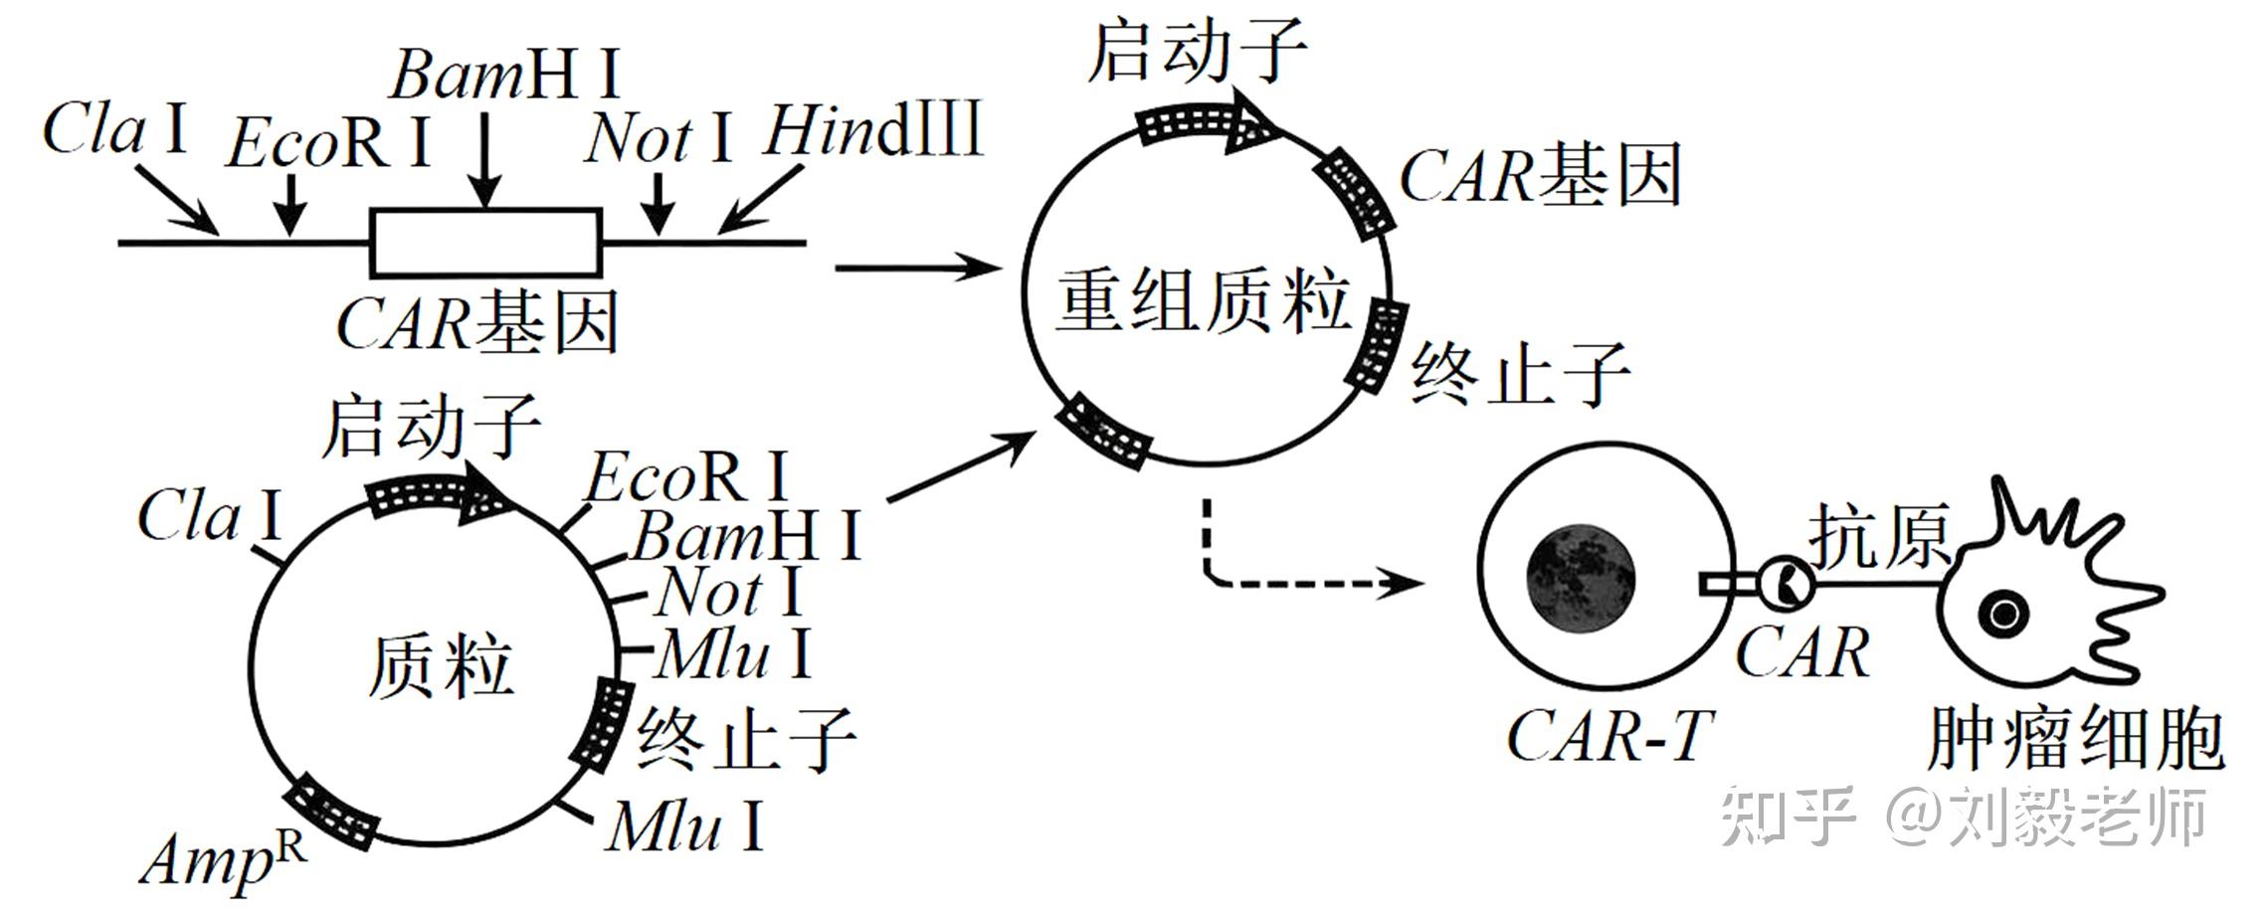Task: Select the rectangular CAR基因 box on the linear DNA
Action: point(486,242)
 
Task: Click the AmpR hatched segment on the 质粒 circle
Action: point(331,815)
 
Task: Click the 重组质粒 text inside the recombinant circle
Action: point(1203,300)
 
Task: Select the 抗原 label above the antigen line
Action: point(1878,537)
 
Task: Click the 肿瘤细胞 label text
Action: point(2075,739)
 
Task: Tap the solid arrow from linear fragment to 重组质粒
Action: point(916,268)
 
